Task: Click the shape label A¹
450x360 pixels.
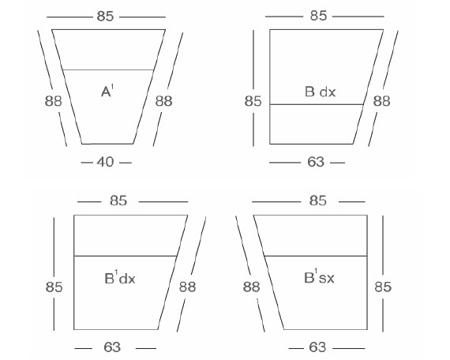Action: (107, 91)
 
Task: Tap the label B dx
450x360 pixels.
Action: (320, 92)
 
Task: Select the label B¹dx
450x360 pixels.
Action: (120, 277)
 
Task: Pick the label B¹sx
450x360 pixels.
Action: (319, 277)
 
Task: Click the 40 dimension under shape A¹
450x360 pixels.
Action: (105, 162)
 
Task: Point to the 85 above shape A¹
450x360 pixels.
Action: (105, 17)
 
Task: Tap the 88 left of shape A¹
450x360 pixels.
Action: (53, 101)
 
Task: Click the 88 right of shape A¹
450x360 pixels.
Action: (164, 101)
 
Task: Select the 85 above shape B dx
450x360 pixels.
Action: (318, 16)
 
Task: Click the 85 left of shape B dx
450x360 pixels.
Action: (253, 101)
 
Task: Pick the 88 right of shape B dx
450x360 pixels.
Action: (381, 101)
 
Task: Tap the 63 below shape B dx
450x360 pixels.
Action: (316, 162)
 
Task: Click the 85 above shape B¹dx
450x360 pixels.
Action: (118, 201)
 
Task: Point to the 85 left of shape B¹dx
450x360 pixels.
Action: (54, 287)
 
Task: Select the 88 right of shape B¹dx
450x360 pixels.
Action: (188, 287)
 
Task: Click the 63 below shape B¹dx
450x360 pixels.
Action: (112, 347)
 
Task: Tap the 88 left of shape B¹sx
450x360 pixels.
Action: (251, 287)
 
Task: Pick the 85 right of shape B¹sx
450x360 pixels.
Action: (383, 287)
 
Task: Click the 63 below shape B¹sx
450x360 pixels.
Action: (317, 347)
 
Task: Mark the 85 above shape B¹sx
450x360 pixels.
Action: (318, 201)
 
